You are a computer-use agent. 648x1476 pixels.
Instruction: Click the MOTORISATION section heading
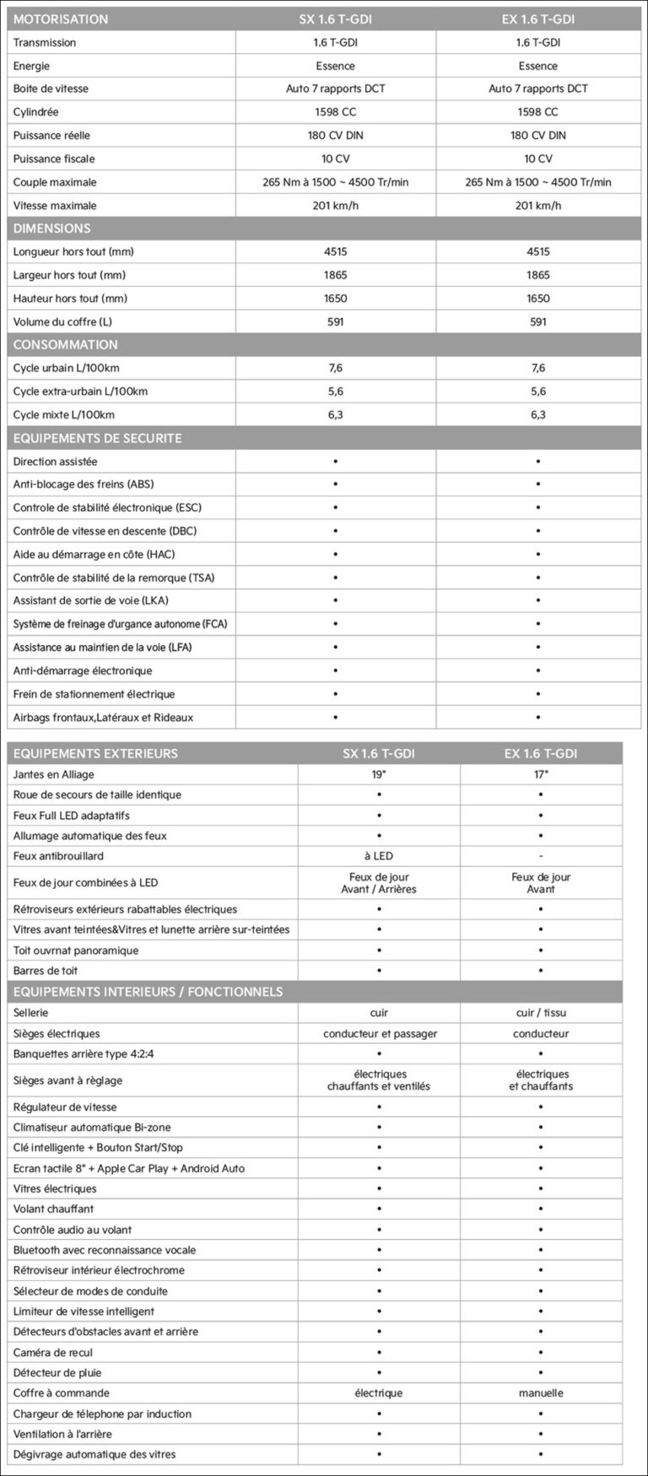coord(61,19)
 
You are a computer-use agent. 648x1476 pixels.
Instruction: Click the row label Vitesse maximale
coord(55,205)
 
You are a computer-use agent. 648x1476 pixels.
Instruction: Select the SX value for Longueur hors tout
coord(335,251)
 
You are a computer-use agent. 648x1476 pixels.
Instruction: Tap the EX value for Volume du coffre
coord(537,321)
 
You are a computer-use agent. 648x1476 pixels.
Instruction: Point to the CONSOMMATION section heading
coord(65,344)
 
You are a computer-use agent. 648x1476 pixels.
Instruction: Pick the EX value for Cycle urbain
coord(537,368)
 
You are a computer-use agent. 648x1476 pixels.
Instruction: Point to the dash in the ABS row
coord(537,484)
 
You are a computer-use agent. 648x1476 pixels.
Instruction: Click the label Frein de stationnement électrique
coord(94,694)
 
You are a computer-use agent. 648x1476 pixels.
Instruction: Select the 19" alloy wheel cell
coord(379,774)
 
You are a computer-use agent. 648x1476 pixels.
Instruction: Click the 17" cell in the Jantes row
coord(541,774)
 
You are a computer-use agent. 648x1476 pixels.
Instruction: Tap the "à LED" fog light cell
coord(379,856)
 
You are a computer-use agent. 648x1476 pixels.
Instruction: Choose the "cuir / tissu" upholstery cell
coord(541,1013)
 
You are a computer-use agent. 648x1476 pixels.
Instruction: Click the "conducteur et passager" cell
coord(380,1033)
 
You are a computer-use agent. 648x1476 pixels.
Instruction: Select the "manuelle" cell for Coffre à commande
coord(541,1393)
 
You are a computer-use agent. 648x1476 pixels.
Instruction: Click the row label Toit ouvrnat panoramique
coord(76,951)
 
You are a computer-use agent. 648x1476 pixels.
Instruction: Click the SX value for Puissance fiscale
coord(335,159)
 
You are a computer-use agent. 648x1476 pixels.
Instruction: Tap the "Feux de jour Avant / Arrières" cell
coord(379,883)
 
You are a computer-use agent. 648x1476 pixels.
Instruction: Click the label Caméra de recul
coord(53,1352)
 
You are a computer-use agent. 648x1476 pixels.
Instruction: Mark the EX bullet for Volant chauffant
coord(541,1209)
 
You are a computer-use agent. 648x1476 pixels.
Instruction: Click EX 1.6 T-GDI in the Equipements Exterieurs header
coord(541,753)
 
